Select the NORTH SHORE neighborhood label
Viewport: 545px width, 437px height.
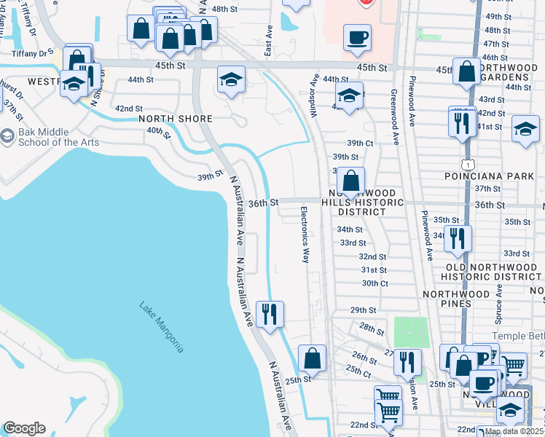coord(176,119)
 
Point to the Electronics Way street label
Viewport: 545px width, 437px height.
coord(305,235)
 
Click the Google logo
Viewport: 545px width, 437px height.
coord(24,428)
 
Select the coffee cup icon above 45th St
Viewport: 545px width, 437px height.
coord(357,38)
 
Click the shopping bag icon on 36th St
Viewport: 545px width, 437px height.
coord(351,181)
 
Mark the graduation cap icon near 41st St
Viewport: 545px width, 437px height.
coord(525,129)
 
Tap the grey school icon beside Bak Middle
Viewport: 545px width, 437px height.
coord(7,136)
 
